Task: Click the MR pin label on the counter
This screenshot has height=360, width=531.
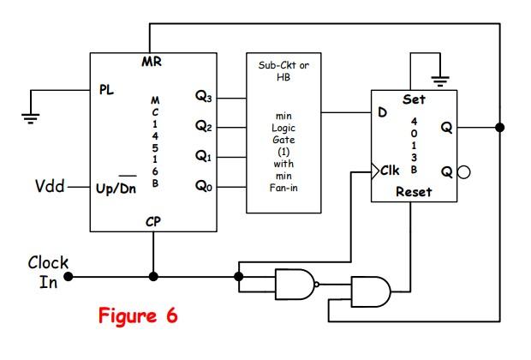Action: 151,62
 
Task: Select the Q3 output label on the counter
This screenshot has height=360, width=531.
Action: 203,99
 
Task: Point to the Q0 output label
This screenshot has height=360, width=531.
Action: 203,186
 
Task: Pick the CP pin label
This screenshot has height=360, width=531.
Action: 152,221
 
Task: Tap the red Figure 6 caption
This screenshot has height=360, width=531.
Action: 137,315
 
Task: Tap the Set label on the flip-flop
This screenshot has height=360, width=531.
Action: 413,99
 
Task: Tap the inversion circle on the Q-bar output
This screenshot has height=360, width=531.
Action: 462,171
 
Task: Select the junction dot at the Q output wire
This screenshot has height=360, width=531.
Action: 499,127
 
